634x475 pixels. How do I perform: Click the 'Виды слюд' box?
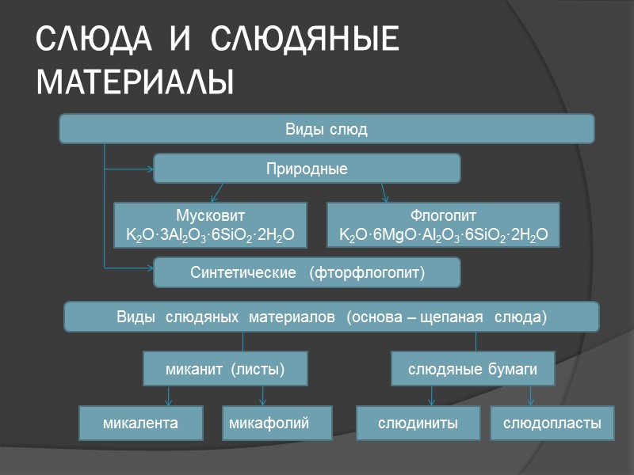pyautogui.click(x=327, y=129)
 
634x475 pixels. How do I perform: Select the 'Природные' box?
pyautogui.click(x=307, y=169)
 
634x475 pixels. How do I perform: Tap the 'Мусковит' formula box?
pyautogui.click(x=210, y=225)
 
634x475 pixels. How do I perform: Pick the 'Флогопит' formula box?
pyautogui.click(x=443, y=225)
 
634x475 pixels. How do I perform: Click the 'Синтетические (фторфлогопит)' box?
pyautogui.click(x=307, y=273)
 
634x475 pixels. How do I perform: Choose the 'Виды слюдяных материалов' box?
pyautogui.click(x=331, y=317)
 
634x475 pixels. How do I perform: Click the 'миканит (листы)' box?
pyautogui.click(x=224, y=369)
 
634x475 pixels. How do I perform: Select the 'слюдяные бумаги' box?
pyautogui.click(x=472, y=369)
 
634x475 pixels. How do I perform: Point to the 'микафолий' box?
pyautogui.click(x=269, y=424)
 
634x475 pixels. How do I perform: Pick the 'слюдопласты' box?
pyautogui.click(x=552, y=424)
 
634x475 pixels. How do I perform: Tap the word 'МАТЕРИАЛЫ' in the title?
pyautogui.click(x=136, y=82)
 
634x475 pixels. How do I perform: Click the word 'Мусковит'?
pyautogui.click(x=210, y=215)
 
